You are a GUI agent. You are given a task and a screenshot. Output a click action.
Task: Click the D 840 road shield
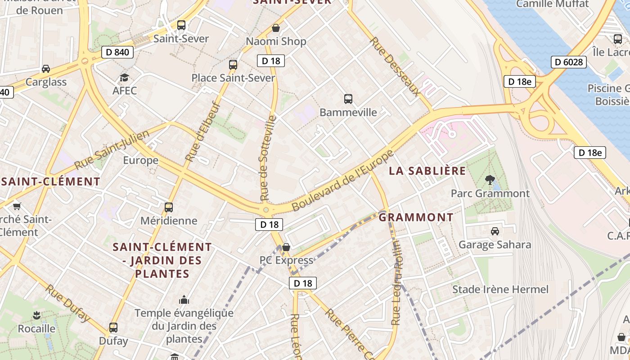tap(117, 52)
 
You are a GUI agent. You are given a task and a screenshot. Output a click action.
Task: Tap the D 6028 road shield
tap(569, 62)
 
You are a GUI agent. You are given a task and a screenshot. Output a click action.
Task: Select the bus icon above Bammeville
tap(348, 99)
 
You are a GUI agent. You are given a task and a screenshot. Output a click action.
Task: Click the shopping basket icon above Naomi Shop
tap(276, 28)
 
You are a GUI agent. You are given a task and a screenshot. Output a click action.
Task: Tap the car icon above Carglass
tap(46, 69)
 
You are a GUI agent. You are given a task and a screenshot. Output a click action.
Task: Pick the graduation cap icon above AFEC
tap(124, 78)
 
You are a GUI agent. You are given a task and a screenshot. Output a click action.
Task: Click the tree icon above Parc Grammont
tap(490, 180)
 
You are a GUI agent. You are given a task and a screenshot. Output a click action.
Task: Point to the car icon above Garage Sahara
tap(495, 231)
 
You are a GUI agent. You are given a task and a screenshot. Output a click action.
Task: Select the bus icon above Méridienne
tap(169, 207)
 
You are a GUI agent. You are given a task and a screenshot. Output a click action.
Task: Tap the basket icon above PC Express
tap(286, 247)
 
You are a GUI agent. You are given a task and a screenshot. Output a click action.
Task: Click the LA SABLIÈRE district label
tap(427, 171)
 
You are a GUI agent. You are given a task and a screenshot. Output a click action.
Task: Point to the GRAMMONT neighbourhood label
tap(416, 217)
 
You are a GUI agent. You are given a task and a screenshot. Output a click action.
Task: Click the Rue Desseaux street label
tap(395, 67)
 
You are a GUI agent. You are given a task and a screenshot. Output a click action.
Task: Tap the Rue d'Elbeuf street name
tap(203, 131)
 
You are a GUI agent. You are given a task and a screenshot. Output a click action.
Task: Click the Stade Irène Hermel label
tap(500, 289)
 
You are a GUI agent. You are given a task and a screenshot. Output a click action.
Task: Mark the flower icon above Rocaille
tap(37, 315)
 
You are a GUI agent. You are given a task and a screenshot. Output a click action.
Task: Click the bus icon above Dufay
tap(113, 328)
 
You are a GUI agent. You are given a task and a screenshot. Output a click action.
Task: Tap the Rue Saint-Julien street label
tap(112, 150)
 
